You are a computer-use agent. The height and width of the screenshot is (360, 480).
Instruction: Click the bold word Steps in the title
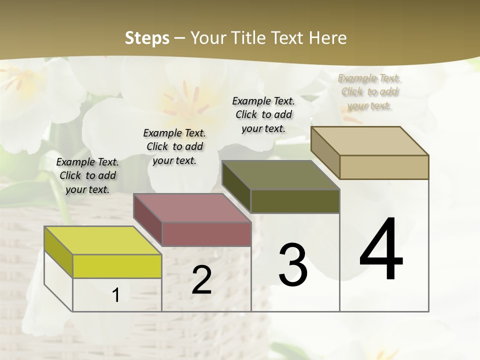click(x=147, y=38)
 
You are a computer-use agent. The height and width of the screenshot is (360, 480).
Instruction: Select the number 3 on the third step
click(x=292, y=265)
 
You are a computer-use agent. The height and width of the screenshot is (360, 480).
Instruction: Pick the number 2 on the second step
click(x=202, y=280)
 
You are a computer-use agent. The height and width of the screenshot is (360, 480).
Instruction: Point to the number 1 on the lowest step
click(x=116, y=295)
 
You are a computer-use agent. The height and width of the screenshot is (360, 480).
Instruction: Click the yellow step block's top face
click(x=102, y=240)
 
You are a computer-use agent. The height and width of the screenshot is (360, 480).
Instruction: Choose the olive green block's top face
click(x=280, y=175)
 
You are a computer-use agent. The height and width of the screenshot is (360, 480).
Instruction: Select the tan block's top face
click(x=369, y=141)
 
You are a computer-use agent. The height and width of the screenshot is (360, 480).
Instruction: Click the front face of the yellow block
click(x=117, y=266)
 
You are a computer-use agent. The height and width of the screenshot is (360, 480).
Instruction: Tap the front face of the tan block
click(x=384, y=167)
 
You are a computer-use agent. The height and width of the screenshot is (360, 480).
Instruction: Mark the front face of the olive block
click(x=295, y=201)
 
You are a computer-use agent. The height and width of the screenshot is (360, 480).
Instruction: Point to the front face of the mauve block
click(x=206, y=234)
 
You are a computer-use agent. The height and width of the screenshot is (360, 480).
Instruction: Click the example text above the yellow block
click(x=87, y=175)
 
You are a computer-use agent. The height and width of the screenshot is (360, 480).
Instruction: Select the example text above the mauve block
click(x=174, y=146)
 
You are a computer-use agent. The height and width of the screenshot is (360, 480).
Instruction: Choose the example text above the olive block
click(x=263, y=114)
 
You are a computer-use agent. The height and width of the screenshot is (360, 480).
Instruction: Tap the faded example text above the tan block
click(x=369, y=91)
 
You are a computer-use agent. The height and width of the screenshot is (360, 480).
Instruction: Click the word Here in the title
click(x=330, y=38)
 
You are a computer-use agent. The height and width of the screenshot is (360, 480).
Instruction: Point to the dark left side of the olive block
click(x=236, y=187)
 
